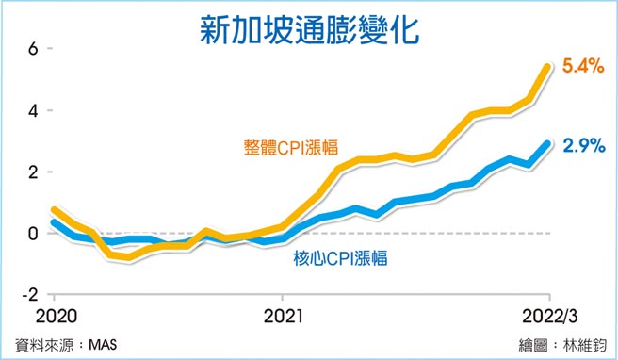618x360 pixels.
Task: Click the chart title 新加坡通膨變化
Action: pyautogui.click(x=308, y=27)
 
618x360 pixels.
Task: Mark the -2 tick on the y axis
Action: pyautogui.click(x=30, y=294)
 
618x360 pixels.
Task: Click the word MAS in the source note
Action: pyautogui.click(x=110, y=343)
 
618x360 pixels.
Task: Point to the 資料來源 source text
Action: pyautogui.click(x=47, y=343)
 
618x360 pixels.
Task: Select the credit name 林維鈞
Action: pyautogui.click(x=582, y=343)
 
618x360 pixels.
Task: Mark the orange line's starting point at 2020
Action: pyautogui.click(x=54, y=210)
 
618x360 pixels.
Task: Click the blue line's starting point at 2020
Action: pyautogui.click(x=54, y=223)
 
